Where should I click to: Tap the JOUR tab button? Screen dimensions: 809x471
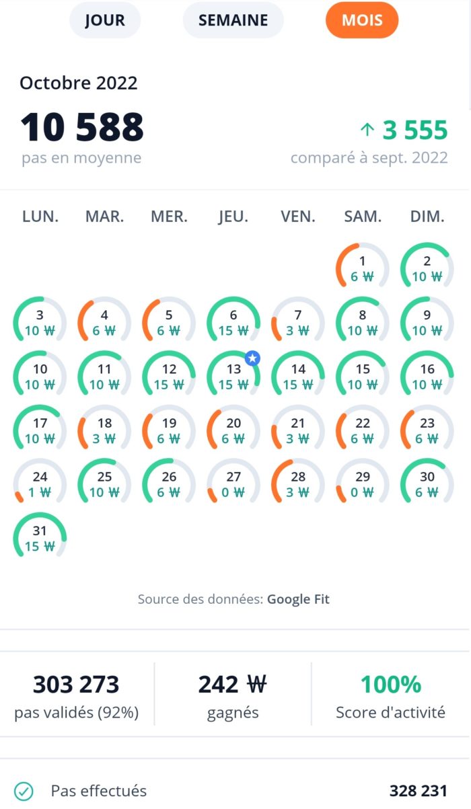click(105, 21)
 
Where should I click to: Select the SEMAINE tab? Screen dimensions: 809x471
click(233, 21)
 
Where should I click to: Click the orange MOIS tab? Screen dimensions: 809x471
click(362, 21)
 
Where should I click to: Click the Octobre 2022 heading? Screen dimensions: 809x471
click(79, 83)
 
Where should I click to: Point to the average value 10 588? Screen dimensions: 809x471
click(82, 126)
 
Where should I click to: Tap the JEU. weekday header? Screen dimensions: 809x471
click(233, 217)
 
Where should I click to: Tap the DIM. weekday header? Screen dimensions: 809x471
click(427, 217)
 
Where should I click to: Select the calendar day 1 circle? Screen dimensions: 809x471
click(363, 268)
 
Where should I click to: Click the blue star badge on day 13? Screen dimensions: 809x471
click(252, 358)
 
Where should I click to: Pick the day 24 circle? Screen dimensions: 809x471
click(40, 484)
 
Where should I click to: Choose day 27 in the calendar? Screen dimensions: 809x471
click(233, 484)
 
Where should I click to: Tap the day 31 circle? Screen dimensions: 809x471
click(40, 537)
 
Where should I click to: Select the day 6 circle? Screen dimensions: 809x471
click(233, 322)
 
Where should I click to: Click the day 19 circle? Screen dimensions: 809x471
click(169, 430)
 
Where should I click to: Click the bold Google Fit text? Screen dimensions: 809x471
click(298, 599)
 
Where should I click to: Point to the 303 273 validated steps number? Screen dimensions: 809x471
click(76, 685)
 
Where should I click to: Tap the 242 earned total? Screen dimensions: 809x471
click(232, 685)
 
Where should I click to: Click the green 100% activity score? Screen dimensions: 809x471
click(391, 685)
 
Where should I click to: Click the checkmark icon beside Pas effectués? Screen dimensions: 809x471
click(24, 791)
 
